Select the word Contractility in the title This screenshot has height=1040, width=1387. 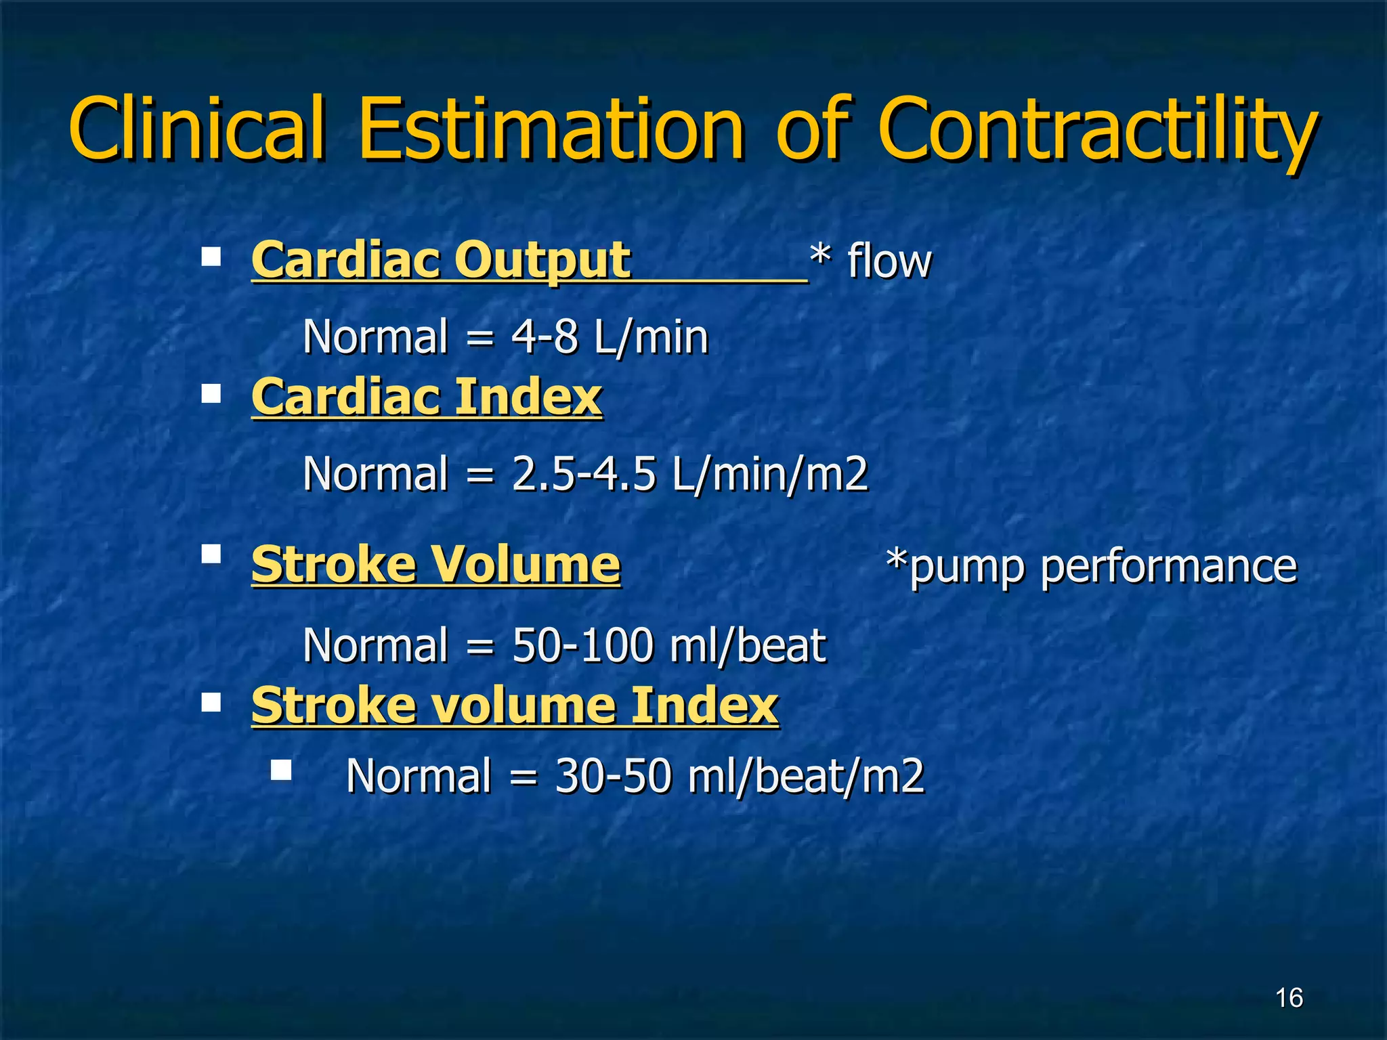[1097, 132]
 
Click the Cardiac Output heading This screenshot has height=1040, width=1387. [441, 260]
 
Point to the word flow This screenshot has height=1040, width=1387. [889, 261]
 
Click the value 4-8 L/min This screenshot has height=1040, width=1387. [610, 337]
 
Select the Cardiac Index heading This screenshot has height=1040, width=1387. [427, 397]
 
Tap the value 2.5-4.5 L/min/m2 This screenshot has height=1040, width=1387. [689, 473]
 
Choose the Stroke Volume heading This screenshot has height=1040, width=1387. [435, 564]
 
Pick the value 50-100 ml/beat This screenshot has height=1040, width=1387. [669, 645]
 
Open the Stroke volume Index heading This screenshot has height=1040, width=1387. [515, 705]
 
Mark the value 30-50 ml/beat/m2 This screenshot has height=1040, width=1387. [740, 775]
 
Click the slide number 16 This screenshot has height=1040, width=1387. [1289, 997]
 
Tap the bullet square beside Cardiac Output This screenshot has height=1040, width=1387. [211, 257]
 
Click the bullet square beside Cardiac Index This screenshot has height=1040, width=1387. [211, 393]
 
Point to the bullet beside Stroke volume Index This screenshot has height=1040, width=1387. [211, 702]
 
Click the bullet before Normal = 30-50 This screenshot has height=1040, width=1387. [281, 770]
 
